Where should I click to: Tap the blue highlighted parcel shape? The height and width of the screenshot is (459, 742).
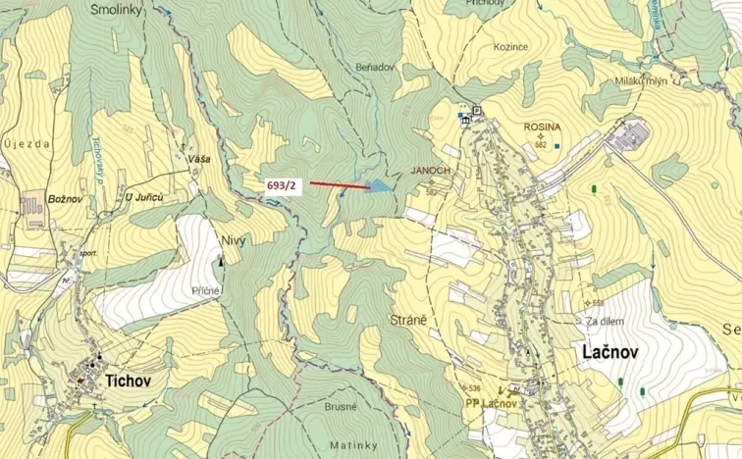click(380, 185)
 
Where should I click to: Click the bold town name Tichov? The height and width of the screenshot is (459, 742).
click(128, 380)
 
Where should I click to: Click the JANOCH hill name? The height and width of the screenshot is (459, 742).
click(431, 170)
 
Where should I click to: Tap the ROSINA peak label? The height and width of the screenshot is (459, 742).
click(542, 127)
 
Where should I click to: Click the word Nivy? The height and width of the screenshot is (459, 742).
click(233, 239)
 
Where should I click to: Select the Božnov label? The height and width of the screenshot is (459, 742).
click(64, 198)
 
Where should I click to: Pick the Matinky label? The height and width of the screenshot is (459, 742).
click(346, 444)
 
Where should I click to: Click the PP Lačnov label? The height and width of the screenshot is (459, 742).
click(491, 403)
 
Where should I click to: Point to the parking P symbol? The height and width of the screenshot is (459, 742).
click(477, 110)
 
